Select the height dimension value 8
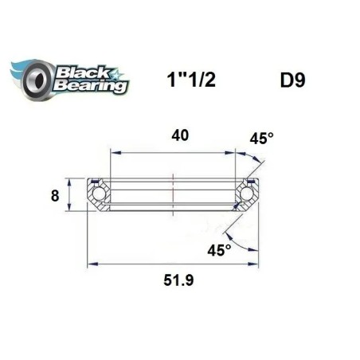pos(55,194)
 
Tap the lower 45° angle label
pos(219,249)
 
